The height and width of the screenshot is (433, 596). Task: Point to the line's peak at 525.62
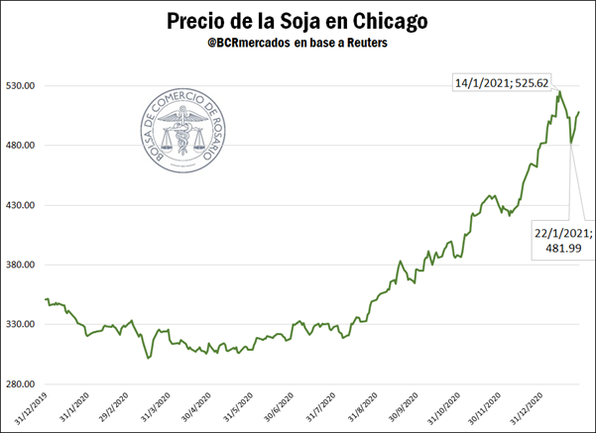pos(558,92)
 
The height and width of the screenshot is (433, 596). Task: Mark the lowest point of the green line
pos(148,359)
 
